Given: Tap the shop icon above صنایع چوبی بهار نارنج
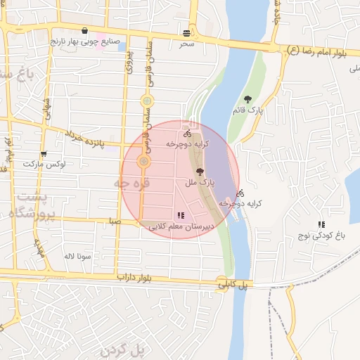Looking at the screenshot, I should point(85,31).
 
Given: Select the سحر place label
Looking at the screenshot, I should point(186,44).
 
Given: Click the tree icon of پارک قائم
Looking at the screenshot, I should point(247,100).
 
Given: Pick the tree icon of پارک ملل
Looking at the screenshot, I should point(200,171).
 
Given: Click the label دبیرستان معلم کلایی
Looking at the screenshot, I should point(181,227).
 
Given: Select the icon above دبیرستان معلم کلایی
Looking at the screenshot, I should point(181,216).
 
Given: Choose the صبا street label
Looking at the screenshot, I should point(114,221).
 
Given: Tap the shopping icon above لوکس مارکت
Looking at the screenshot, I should point(44,153).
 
